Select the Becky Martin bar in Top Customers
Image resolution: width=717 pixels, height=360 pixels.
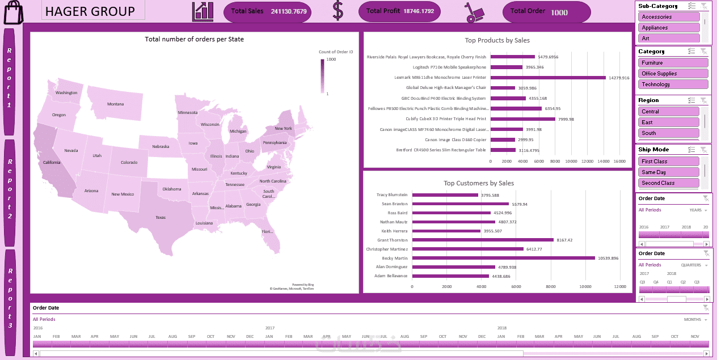pyautogui.click(x=503, y=258)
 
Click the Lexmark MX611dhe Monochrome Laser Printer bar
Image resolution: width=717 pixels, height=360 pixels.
pyautogui.click(x=548, y=78)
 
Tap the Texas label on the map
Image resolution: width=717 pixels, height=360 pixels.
pyautogui.click(x=161, y=217)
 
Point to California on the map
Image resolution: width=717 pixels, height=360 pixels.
pyautogui.click(x=52, y=163)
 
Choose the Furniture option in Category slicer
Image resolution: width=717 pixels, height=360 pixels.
pyautogui.click(x=673, y=63)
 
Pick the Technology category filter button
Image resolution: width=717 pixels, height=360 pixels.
pyautogui.click(x=673, y=84)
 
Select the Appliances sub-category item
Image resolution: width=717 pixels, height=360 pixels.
pyautogui.click(x=669, y=28)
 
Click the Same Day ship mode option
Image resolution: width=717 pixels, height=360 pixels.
pyautogui.click(x=669, y=172)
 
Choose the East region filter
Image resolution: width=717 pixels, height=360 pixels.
pyautogui.click(x=669, y=122)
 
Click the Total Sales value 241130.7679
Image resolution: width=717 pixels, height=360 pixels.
pyautogui.click(x=288, y=11)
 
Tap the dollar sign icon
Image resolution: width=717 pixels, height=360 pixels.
pyautogui.click(x=338, y=11)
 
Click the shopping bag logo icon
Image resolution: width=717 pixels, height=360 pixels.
pyautogui.click(x=13, y=12)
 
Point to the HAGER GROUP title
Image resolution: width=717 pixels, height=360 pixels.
pyautogui.click(x=90, y=11)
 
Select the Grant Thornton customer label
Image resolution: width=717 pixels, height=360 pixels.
pyautogui.click(x=392, y=240)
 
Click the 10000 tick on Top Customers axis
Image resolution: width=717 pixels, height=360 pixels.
pyautogui.click(x=585, y=287)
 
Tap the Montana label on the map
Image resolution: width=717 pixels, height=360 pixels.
pyautogui.click(x=115, y=104)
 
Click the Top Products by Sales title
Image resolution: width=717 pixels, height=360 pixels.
pyautogui.click(x=497, y=40)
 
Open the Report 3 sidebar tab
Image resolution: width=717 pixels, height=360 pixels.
pyautogui.click(x=10, y=300)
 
